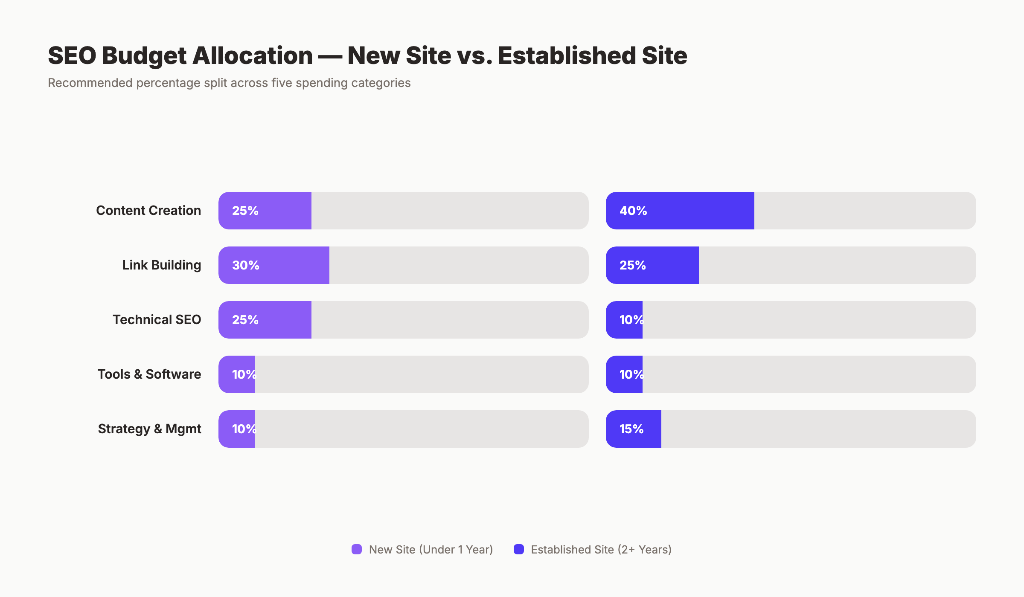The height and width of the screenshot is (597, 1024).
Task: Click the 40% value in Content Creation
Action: coord(633,211)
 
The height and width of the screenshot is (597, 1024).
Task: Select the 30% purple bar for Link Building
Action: coord(274,265)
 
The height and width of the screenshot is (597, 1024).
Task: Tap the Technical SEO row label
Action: coord(157,320)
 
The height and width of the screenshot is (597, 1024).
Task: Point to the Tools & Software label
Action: coord(149,374)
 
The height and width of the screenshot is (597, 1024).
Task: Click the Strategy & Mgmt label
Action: coord(149,429)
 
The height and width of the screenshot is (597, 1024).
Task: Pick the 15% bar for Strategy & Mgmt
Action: coord(634,429)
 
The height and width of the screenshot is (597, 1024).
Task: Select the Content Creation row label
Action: coord(148,211)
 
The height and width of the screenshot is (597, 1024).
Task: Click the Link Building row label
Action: coord(161,265)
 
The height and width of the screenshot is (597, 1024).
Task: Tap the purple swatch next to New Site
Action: coord(357,549)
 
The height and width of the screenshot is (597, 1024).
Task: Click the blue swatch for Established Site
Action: coord(519,549)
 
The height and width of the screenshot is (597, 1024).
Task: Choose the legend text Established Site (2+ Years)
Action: coord(601,550)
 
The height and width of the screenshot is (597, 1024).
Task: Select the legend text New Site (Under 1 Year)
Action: coord(431,550)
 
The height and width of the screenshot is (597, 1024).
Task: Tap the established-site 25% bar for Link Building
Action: coord(652,265)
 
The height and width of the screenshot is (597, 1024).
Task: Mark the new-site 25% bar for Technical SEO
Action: coord(265,320)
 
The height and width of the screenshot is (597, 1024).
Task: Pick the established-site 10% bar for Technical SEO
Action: coord(624,320)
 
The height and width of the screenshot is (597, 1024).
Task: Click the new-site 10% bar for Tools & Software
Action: coord(237,374)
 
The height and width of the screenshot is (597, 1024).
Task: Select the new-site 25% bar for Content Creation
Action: coord(265,211)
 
